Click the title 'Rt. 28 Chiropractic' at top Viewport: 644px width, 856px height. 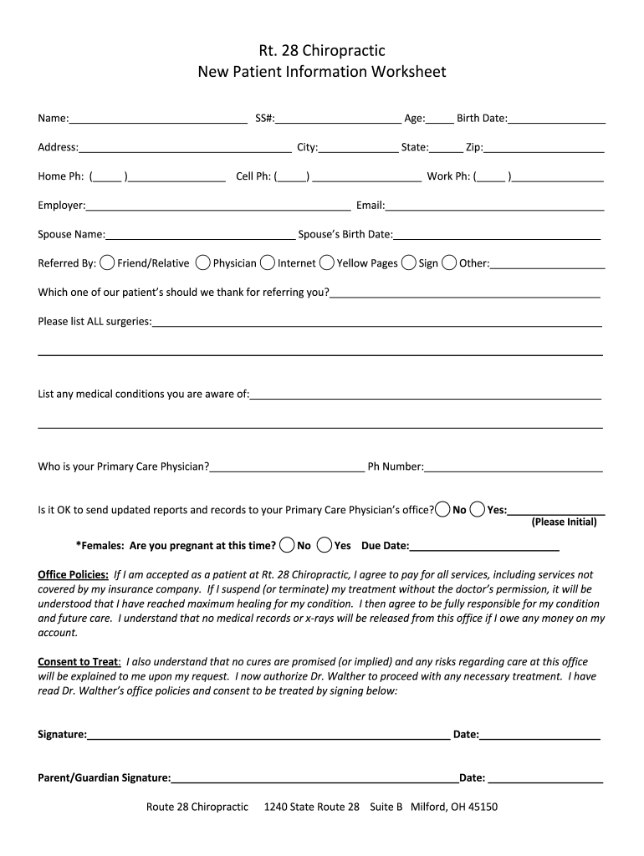[321, 51]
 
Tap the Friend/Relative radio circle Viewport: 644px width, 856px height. [108, 262]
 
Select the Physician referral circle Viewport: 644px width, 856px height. [203, 262]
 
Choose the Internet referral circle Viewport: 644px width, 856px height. [268, 262]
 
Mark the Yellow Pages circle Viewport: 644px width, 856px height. [327, 262]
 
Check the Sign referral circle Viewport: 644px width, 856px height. [409, 262]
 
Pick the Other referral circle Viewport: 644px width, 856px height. [449, 262]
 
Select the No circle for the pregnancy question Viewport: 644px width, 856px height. [287, 545]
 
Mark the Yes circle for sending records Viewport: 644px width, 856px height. [478, 509]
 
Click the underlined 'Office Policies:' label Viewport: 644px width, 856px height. [74, 574]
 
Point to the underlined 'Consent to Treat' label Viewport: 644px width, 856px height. [79, 661]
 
